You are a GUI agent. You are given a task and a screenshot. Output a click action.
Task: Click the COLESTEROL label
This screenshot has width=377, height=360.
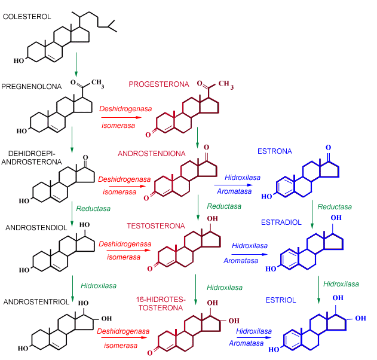click(x=26, y=16)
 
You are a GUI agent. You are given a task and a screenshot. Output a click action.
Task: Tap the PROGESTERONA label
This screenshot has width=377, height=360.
click(x=158, y=84)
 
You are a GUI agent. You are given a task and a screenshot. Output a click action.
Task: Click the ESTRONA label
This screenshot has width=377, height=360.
click(x=274, y=151)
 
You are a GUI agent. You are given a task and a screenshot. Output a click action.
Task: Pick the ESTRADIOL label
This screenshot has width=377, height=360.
click(x=281, y=222)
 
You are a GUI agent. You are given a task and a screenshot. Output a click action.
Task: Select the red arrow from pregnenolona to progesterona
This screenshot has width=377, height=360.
click(x=122, y=118)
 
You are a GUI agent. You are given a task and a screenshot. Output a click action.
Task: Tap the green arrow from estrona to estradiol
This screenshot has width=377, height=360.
click(x=312, y=213)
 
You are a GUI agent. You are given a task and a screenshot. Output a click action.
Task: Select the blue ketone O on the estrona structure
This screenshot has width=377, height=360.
click(x=328, y=147)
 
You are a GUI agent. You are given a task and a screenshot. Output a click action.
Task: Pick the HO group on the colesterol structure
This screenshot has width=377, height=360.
click(x=20, y=60)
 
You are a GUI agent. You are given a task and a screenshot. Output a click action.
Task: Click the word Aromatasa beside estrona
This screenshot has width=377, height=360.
click(x=238, y=193)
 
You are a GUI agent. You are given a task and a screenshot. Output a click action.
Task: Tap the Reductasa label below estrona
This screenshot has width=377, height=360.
click(x=335, y=206)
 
